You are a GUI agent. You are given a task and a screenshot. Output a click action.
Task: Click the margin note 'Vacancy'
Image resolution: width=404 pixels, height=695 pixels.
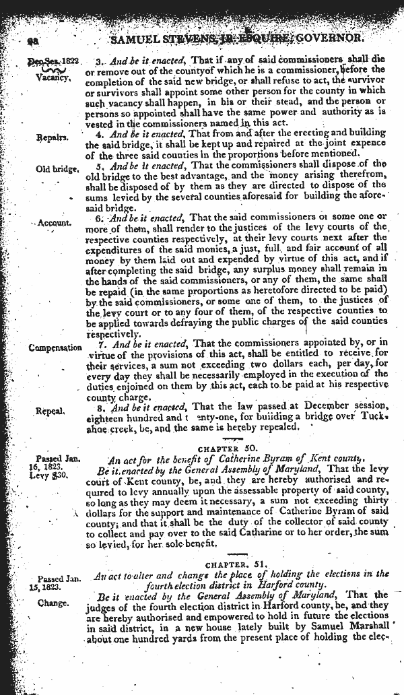click(53, 77)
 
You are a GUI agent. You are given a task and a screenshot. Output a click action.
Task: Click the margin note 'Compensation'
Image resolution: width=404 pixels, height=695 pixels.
click(55, 348)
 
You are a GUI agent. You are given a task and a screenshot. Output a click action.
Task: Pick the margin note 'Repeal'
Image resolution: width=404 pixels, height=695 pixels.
click(52, 410)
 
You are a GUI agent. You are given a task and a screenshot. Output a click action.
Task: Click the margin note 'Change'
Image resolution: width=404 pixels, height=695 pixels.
click(53, 602)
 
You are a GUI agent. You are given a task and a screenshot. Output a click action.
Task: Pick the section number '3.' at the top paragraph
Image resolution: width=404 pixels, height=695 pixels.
click(101, 59)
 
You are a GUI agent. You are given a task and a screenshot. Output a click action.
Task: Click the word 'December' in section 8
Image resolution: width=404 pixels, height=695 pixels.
click(325, 405)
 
